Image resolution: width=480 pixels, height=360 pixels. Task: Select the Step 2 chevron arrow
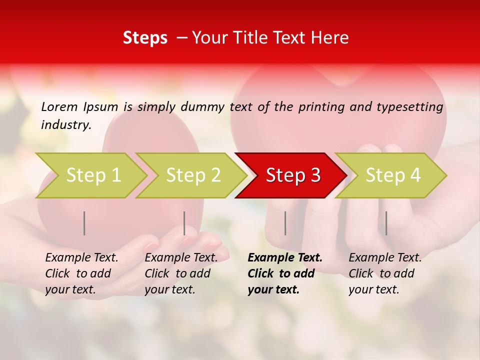pyautogui.click(x=192, y=175)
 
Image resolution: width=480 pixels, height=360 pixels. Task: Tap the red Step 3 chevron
pyautogui.click(x=292, y=175)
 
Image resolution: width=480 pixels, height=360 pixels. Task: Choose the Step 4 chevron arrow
pyautogui.click(x=392, y=175)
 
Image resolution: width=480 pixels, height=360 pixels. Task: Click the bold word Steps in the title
pyautogui.click(x=145, y=38)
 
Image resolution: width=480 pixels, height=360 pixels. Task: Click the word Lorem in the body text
pyautogui.click(x=59, y=106)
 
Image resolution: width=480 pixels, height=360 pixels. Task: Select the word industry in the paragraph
pyautogui.click(x=65, y=125)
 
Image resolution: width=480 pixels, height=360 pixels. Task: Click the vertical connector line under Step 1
pyautogui.click(x=84, y=223)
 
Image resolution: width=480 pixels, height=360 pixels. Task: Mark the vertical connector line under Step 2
pyautogui.click(x=184, y=223)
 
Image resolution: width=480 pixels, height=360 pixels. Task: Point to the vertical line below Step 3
pyautogui.click(x=285, y=223)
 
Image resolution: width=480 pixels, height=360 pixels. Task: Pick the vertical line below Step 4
pyautogui.click(x=385, y=223)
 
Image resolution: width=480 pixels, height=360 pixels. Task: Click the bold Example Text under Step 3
pyautogui.click(x=285, y=258)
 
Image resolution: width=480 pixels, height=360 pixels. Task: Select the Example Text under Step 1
pyautogui.click(x=81, y=258)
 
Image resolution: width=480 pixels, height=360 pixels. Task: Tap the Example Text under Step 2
pyautogui.click(x=181, y=258)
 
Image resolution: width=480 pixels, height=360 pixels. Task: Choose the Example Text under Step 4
pyautogui.click(x=385, y=258)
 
